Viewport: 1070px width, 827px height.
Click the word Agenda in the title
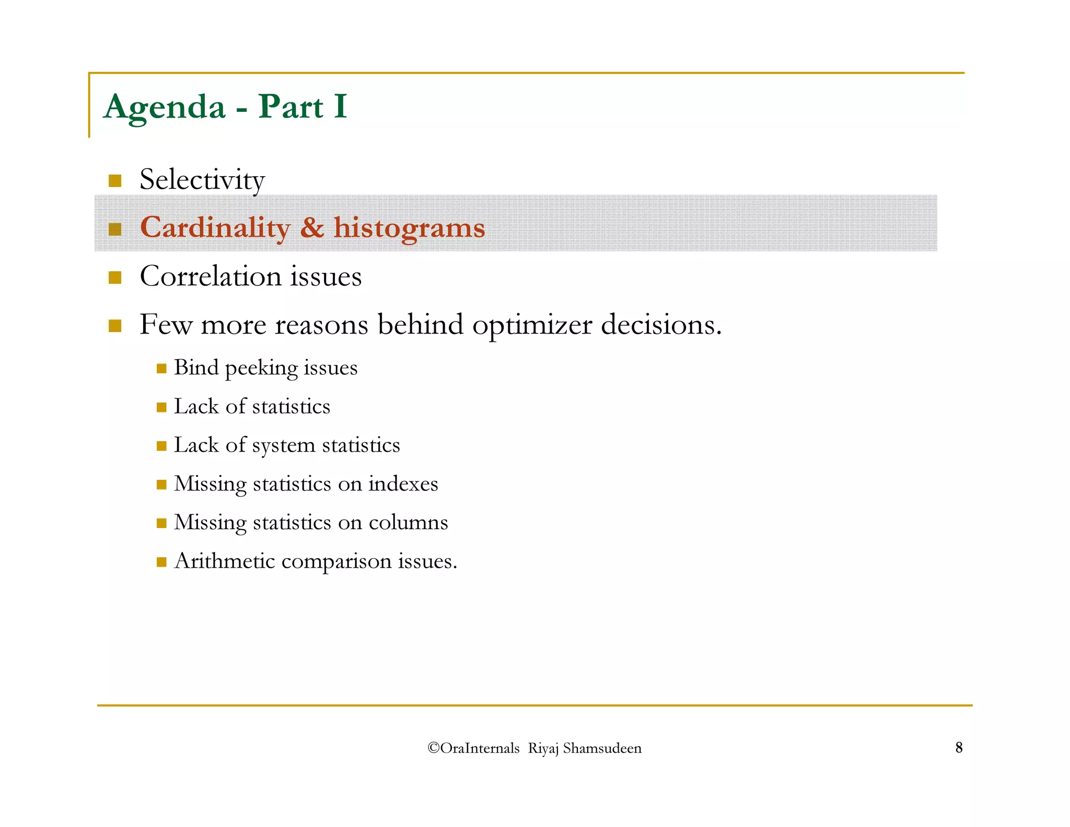coord(165,107)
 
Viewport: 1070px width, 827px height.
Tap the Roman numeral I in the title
coord(340,106)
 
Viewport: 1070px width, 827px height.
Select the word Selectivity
coord(202,180)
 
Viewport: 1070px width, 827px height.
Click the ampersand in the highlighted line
coord(312,227)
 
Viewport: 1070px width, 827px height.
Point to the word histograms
coord(409,228)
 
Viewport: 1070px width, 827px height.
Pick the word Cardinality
coord(215,228)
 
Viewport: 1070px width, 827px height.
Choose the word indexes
coord(403,484)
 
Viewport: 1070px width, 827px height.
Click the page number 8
coord(959,748)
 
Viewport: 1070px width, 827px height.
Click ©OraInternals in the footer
coord(473,748)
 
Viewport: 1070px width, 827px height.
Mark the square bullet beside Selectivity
coord(115,181)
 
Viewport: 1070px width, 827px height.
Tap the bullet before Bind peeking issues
coord(161,369)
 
